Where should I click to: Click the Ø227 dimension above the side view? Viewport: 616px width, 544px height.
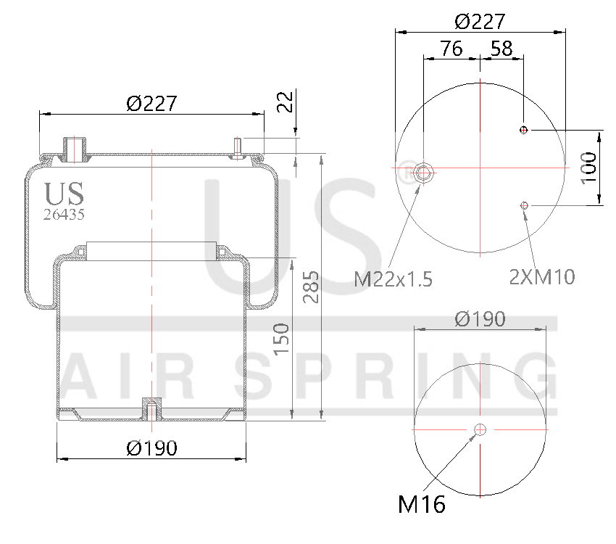[x=151, y=104]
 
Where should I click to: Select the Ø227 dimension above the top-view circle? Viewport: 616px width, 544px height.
[x=480, y=21]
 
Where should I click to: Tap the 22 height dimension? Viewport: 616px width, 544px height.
[x=285, y=102]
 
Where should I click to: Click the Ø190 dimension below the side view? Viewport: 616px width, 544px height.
[x=151, y=448]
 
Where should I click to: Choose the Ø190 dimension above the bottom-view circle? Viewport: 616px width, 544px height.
[x=480, y=318]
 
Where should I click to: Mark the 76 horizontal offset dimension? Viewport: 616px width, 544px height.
[x=451, y=49]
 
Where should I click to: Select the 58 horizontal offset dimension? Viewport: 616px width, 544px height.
[x=501, y=49]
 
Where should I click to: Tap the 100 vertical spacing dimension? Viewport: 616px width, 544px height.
[x=589, y=168]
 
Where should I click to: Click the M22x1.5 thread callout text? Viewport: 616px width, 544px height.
[x=393, y=279]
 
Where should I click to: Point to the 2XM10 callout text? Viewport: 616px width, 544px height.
[x=542, y=276]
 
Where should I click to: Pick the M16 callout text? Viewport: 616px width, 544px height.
[x=421, y=504]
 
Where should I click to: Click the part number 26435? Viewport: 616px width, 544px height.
[x=64, y=214]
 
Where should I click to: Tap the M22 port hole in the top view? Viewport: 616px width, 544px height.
[x=424, y=172]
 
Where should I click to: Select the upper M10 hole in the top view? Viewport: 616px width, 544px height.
[x=524, y=130]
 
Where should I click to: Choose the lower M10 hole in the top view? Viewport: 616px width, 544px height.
[x=524, y=206]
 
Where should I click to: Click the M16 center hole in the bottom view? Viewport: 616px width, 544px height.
[x=480, y=430]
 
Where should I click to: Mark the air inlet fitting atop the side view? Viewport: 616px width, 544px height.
[x=73, y=147]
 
